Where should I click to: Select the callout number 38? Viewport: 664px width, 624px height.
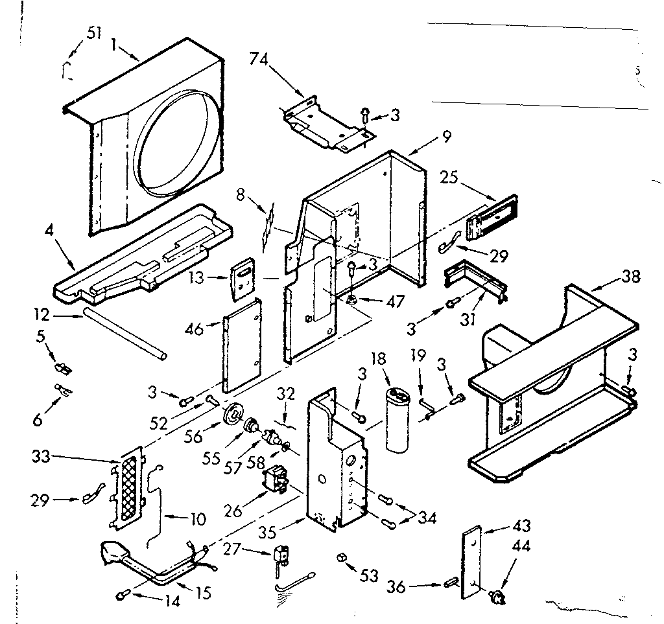[x=630, y=277]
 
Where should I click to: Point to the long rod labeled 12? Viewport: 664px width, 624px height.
[x=123, y=334]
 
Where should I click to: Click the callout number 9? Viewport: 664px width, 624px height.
[x=446, y=136]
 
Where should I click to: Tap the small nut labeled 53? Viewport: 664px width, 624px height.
[x=341, y=558]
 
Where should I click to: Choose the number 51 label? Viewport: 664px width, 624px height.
[x=93, y=33]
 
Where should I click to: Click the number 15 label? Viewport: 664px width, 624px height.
[x=204, y=592]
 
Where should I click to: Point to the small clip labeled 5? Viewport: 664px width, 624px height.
[x=64, y=369]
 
